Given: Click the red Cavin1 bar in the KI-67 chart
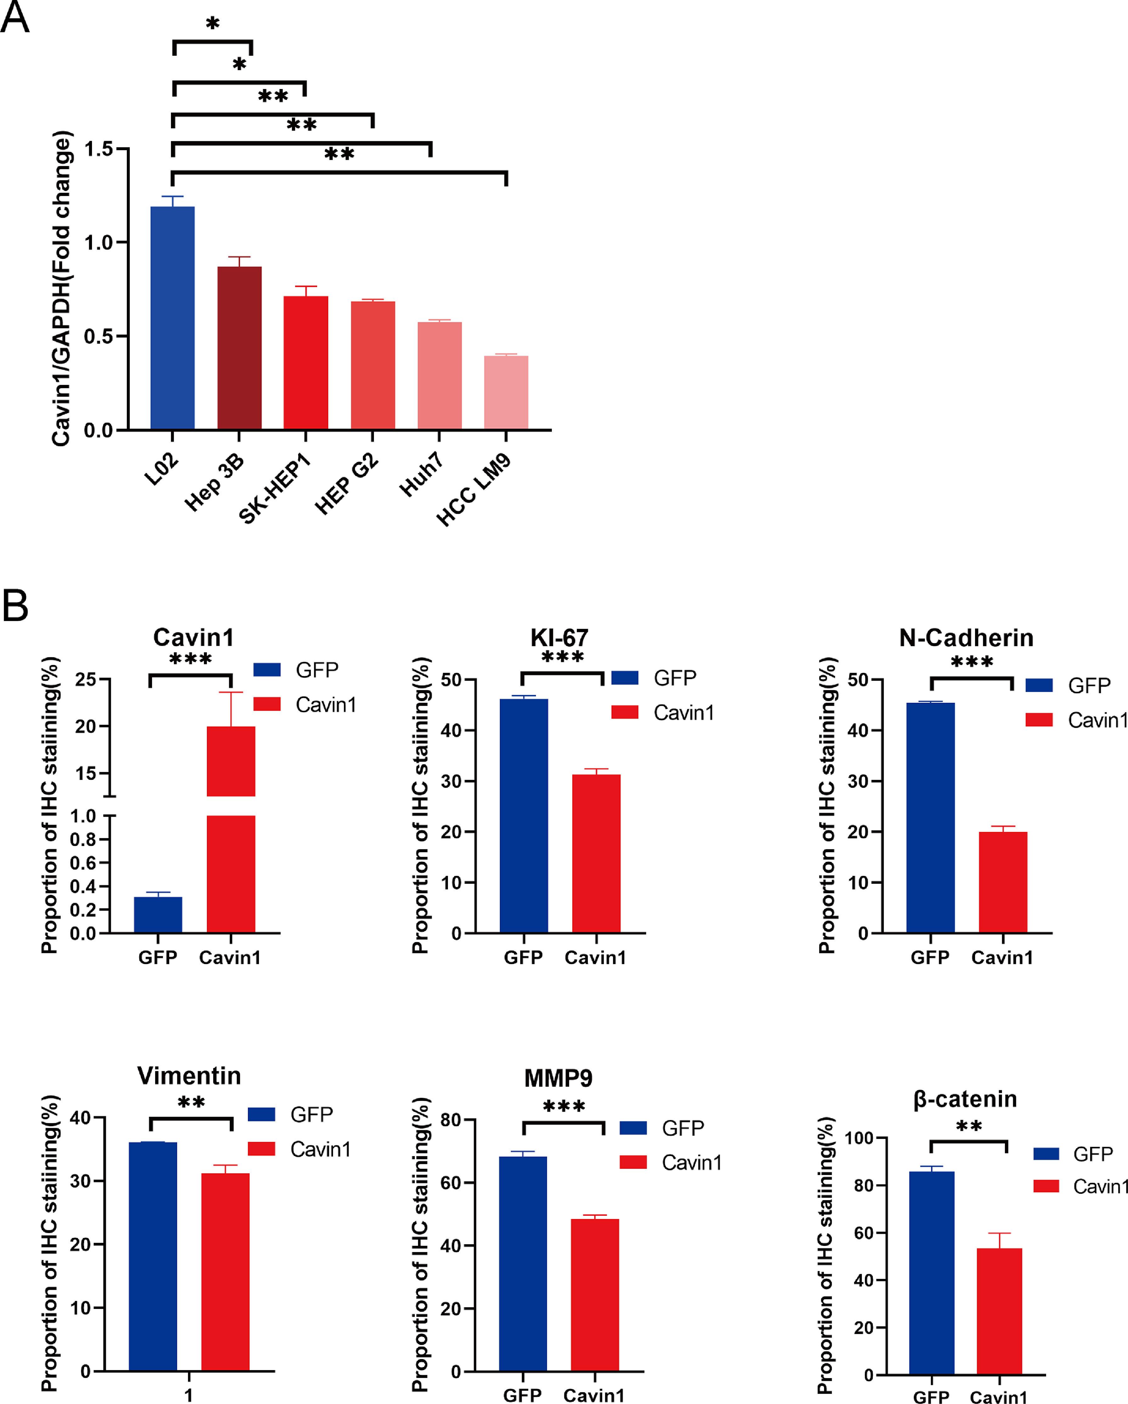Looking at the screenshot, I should (x=596, y=853).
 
